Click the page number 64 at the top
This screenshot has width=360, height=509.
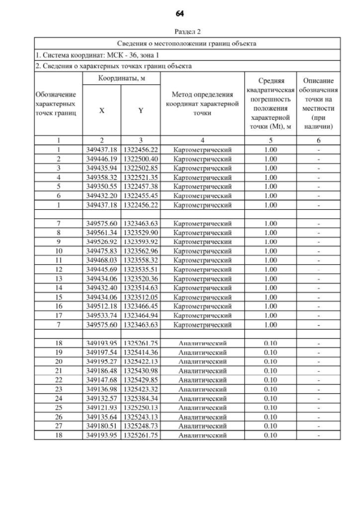[x=180, y=13]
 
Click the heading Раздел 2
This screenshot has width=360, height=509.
[x=180, y=33]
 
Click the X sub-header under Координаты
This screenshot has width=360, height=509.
[x=101, y=111]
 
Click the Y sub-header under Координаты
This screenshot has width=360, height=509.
[x=140, y=111]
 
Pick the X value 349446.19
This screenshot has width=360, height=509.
[x=101, y=159]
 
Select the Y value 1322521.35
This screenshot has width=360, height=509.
[x=140, y=177]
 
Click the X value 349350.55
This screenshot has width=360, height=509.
[x=101, y=186]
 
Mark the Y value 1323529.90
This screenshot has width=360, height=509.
[x=140, y=232]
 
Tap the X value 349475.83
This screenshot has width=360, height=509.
[x=101, y=251]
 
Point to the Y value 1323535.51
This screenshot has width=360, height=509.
[x=140, y=269]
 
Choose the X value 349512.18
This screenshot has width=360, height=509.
[x=101, y=306]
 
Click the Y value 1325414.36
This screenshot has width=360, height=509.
[x=140, y=353]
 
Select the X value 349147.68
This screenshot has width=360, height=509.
[x=101, y=380]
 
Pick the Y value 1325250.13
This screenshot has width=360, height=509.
[x=140, y=408]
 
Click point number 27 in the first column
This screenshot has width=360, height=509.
[x=59, y=426]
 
